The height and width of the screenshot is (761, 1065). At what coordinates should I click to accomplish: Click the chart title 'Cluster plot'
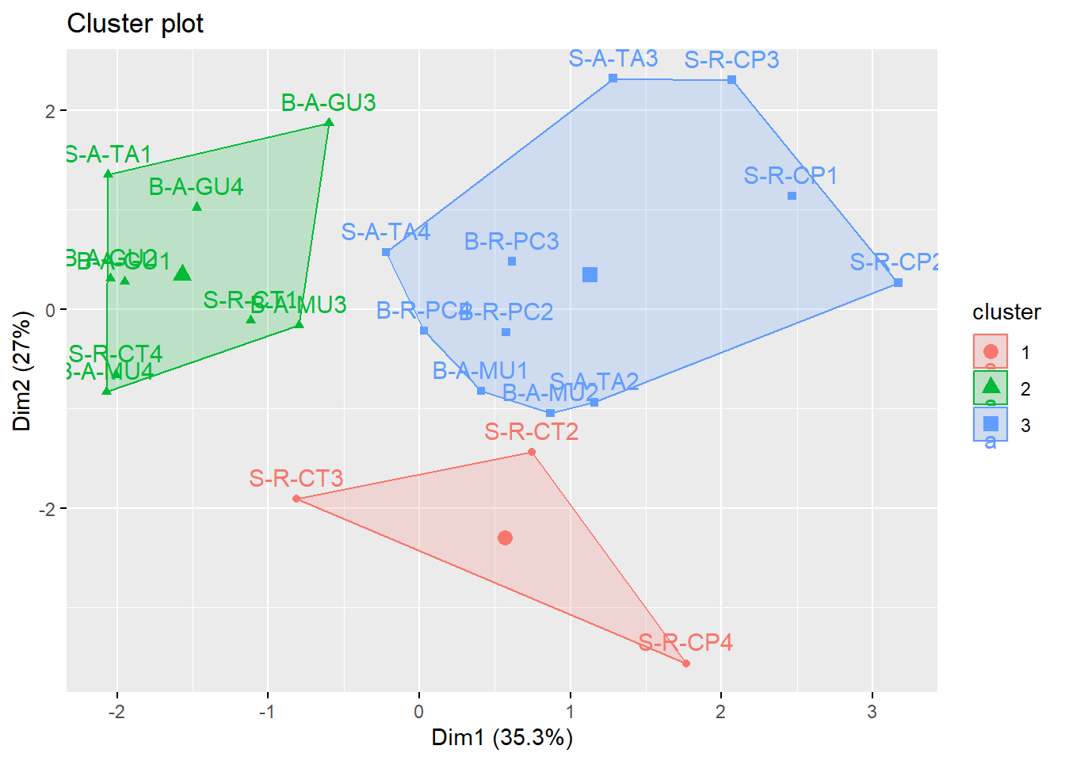[x=135, y=24]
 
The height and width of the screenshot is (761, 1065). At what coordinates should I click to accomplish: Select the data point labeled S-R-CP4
[x=686, y=663]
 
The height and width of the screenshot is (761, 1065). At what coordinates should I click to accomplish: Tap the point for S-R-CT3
[x=296, y=499]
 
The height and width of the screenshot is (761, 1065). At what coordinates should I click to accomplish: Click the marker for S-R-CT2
[x=532, y=453]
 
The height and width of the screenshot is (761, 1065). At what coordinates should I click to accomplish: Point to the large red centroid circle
[x=505, y=538]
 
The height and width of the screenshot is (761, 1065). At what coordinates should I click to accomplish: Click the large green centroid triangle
[x=182, y=273]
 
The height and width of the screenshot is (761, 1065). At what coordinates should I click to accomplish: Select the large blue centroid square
[x=590, y=275]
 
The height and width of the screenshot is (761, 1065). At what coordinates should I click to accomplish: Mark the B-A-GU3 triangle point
[x=330, y=122]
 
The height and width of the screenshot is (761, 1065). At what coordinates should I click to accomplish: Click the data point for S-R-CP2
[x=898, y=283]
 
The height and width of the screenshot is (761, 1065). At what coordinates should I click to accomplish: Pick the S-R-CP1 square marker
[x=792, y=196]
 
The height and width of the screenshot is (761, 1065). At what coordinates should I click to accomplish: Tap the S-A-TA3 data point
[x=613, y=78]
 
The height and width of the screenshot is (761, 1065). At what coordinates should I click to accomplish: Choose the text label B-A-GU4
[x=196, y=187]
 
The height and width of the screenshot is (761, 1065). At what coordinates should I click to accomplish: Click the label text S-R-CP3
[x=731, y=60]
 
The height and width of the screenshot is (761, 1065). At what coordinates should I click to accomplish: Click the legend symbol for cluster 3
[x=991, y=424]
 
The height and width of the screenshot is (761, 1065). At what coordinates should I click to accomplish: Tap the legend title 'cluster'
[x=1006, y=312]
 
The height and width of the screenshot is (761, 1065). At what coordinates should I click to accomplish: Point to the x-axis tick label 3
[x=872, y=712]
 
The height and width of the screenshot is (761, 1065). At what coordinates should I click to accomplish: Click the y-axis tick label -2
[x=48, y=509]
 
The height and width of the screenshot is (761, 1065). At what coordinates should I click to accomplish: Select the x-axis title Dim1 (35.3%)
[x=502, y=738]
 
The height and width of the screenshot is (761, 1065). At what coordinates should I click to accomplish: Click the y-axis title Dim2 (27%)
[x=21, y=370]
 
